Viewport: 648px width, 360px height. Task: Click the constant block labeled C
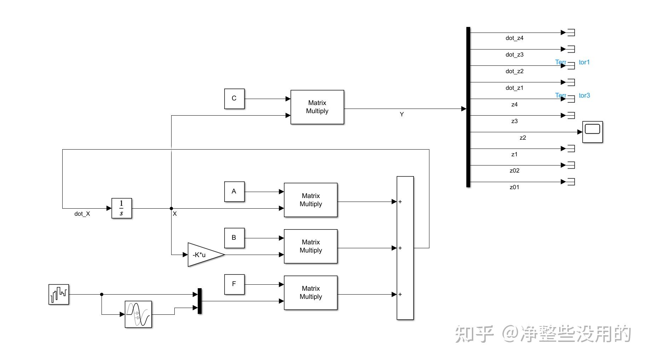234,99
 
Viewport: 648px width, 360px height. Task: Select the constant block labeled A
234,192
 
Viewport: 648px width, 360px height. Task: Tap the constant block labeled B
234,238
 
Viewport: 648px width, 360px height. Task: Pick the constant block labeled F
234,284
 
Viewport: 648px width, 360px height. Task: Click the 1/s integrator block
122,208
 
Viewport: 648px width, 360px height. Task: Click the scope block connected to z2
592,132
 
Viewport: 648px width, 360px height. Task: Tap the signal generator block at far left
59,294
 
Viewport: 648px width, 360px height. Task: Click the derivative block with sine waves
138,314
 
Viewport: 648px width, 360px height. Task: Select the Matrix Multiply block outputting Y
317,107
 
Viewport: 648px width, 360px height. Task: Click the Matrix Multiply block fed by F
311,293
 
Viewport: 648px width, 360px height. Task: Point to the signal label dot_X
82,214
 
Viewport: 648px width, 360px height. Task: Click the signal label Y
401,115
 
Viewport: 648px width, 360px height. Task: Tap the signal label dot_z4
514,38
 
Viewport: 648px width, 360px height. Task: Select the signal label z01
514,187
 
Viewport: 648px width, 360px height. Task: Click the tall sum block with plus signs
405,248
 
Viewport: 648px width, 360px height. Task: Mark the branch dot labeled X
172,208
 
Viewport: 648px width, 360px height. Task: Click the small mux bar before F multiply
199,301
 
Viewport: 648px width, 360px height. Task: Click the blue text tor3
584,95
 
